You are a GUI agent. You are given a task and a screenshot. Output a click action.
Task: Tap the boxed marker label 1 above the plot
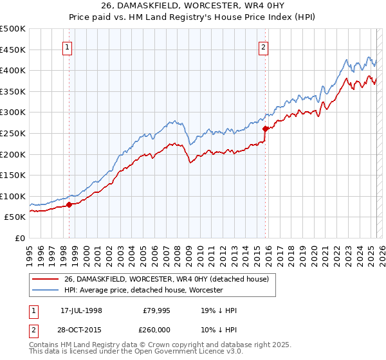[68, 46]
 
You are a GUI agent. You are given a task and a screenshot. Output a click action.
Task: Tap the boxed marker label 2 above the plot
[264, 46]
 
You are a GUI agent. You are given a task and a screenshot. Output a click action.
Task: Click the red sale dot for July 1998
[69, 205]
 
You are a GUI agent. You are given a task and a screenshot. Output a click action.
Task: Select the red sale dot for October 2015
[265, 129]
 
